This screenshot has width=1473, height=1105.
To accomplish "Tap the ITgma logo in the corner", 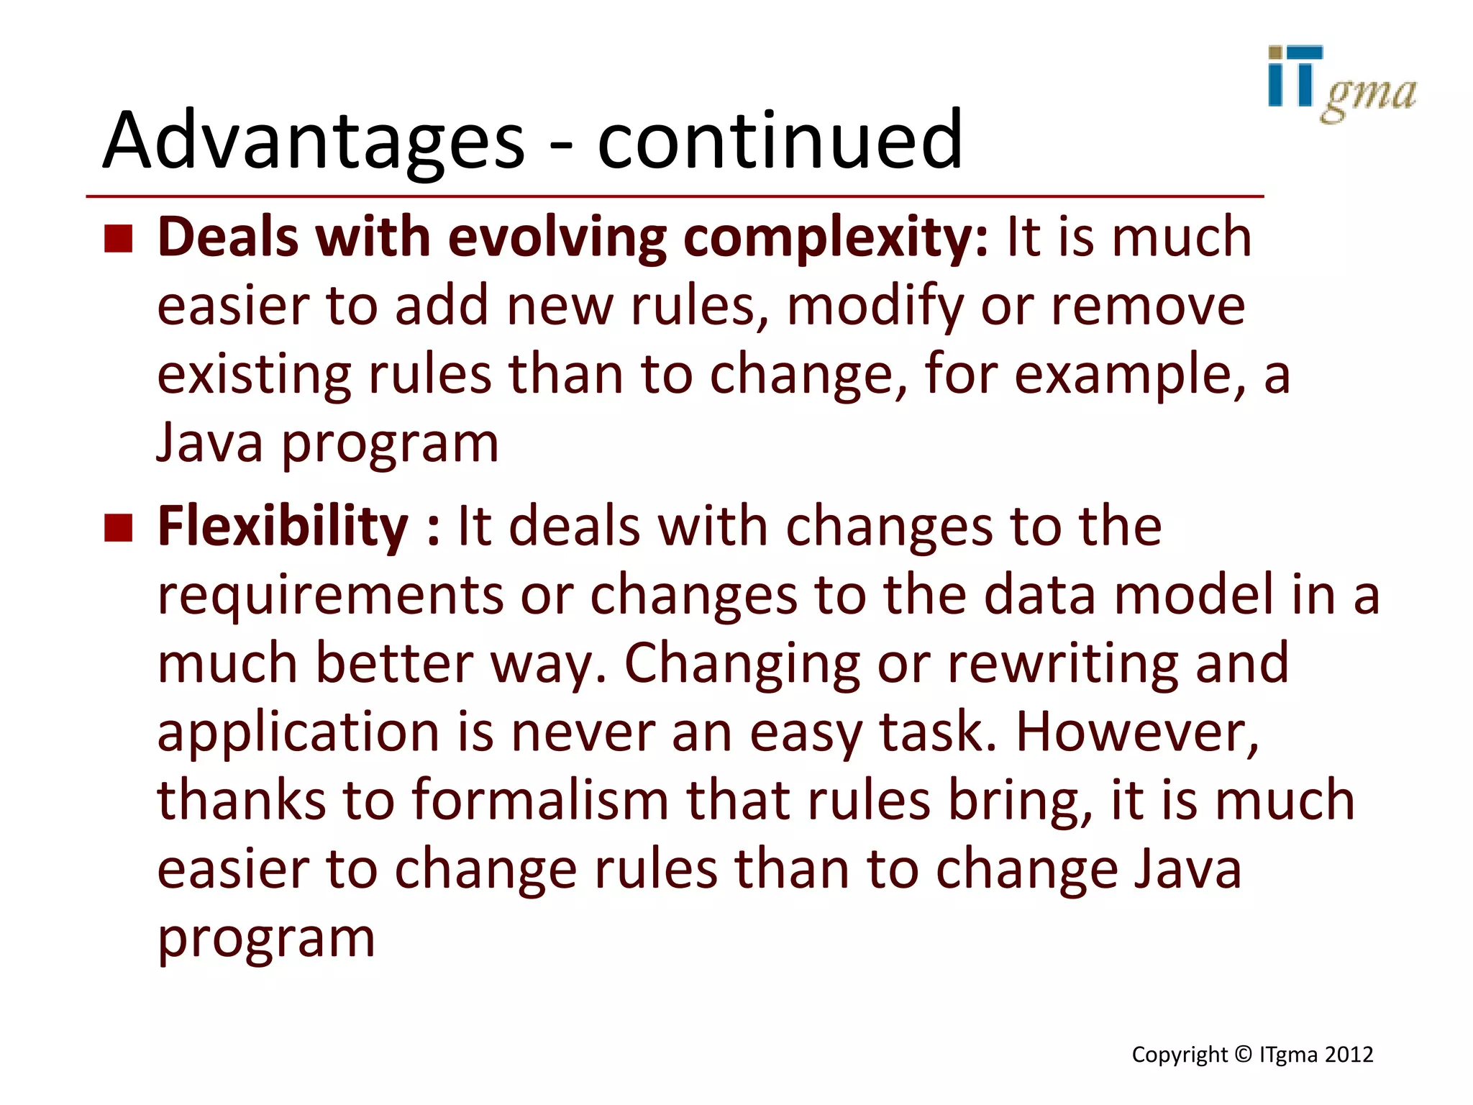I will tap(1341, 84).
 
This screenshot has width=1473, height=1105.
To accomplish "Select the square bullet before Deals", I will tap(119, 239).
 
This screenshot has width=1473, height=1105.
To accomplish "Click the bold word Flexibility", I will tap(283, 527).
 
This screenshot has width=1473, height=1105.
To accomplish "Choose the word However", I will tap(1136, 732).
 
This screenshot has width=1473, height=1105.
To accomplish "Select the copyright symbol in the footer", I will tap(1243, 1055).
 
